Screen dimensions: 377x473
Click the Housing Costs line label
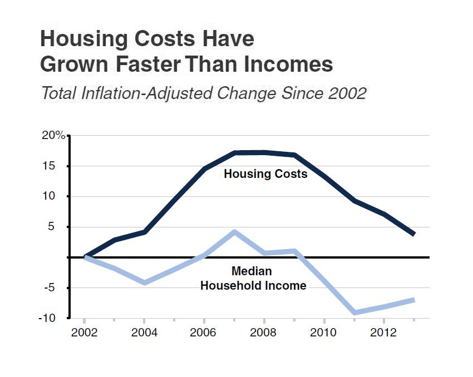(265, 174)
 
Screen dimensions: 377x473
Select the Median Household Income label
(253, 279)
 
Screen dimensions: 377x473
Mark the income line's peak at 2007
(235, 232)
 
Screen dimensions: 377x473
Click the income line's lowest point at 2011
(354, 312)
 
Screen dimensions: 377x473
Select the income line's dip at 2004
(144, 282)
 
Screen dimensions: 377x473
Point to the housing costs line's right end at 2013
(413, 234)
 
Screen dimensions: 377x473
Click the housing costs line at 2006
(204, 168)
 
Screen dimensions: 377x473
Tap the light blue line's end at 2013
(413, 300)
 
